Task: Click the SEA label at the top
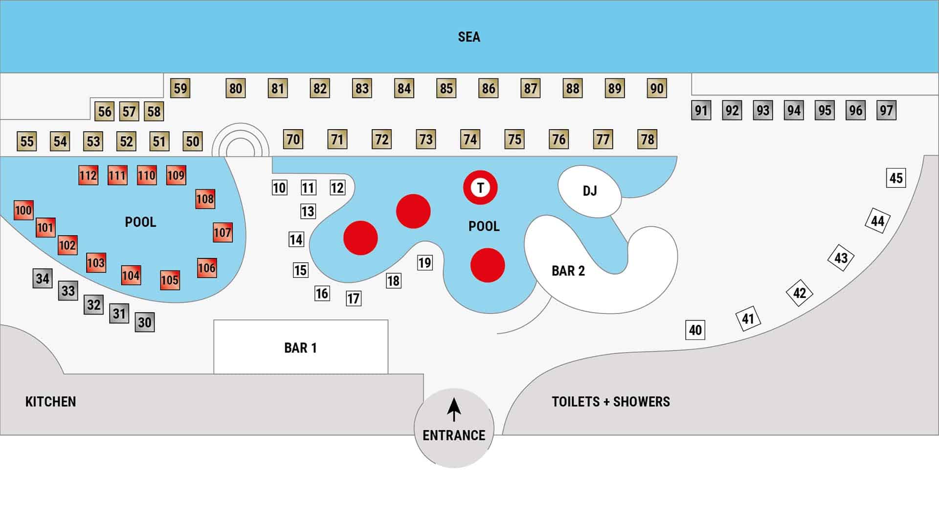(x=469, y=37)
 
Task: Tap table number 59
(x=180, y=89)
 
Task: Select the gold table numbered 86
(x=488, y=89)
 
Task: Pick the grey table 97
(x=886, y=110)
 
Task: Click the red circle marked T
(x=480, y=187)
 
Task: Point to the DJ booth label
(x=589, y=191)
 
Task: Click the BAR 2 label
(x=568, y=271)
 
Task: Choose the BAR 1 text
(x=300, y=348)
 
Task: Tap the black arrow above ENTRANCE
(x=454, y=410)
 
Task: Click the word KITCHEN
(x=50, y=402)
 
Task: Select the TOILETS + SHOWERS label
(x=611, y=402)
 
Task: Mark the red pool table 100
(x=23, y=210)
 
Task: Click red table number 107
(x=223, y=232)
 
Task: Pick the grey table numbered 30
(x=145, y=322)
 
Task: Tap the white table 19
(x=425, y=263)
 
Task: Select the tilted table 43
(x=841, y=258)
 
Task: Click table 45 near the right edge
(x=896, y=178)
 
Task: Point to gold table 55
(x=27, y=141)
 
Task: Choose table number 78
(x=648, y=139)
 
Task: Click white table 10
(x=279, y=188)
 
